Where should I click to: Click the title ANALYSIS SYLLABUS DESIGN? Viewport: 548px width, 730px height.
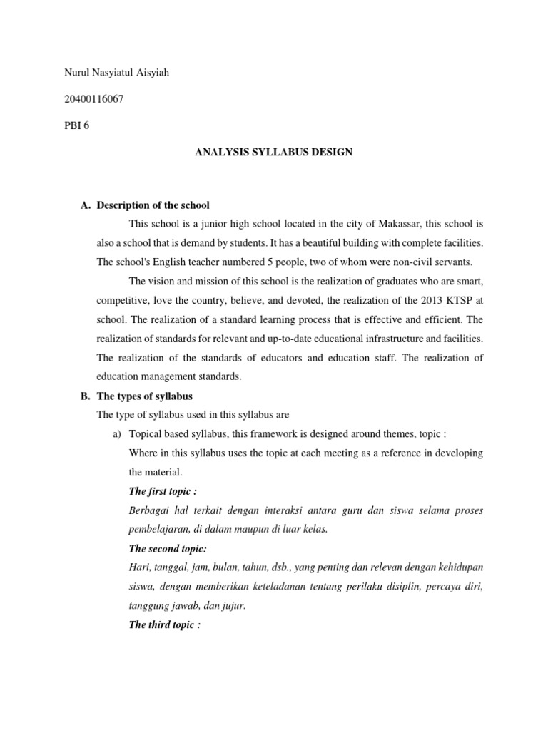tap(273, 153)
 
